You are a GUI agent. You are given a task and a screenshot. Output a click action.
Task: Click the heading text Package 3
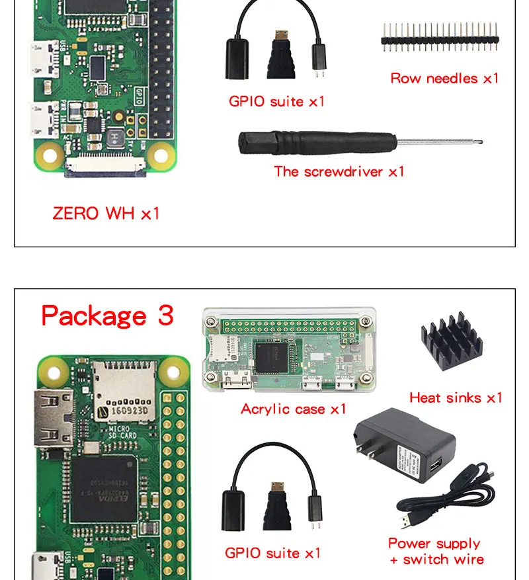point(107,316)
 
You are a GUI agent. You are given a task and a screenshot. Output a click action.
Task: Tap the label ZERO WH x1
point(106,214)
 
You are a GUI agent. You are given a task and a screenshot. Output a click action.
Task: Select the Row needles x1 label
point(444,79)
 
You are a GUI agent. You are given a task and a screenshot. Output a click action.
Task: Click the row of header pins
point(439,36)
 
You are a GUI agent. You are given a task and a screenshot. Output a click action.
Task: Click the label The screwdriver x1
point(339,172)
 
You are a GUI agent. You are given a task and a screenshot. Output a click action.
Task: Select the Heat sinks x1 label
point(456,397)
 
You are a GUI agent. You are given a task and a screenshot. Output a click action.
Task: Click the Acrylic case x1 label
point(294,409)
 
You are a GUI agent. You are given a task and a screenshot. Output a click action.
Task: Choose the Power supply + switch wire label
point(434,552)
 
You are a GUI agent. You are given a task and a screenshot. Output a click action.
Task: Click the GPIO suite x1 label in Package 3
point(272,553)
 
